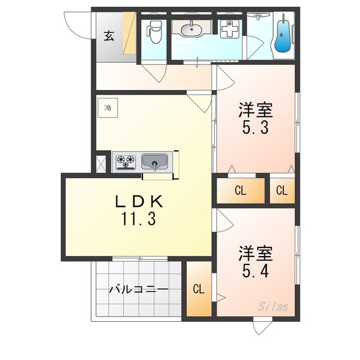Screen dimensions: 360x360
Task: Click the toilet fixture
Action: coord(154,32)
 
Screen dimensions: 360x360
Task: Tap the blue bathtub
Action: coord(283,35)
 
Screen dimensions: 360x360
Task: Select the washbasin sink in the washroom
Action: coord(191,30)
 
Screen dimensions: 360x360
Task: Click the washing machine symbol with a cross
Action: coord(229,29)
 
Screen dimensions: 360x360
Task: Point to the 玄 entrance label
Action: coord(109,35)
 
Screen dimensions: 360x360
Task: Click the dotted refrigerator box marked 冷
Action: coord(108,107)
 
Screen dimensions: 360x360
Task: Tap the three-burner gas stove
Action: coord(125,162)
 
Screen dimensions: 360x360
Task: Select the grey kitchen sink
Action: coord(154,161)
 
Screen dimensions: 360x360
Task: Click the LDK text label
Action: coord(139,201)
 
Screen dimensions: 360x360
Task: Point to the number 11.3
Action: coord(139,218)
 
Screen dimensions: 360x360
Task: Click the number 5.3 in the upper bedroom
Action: coord(255,127)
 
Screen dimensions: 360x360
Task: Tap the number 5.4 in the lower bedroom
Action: coord(255,271)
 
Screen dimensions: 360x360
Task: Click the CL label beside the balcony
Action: coord(199,289)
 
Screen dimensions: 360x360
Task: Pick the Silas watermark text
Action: coord(273,307)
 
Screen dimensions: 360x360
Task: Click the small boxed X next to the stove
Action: coord(101,164)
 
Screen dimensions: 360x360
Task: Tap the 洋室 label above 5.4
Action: coord(255,254)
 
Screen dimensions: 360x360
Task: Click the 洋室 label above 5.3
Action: coord(255,110)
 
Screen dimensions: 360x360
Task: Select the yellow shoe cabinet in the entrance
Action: coord(129,33)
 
